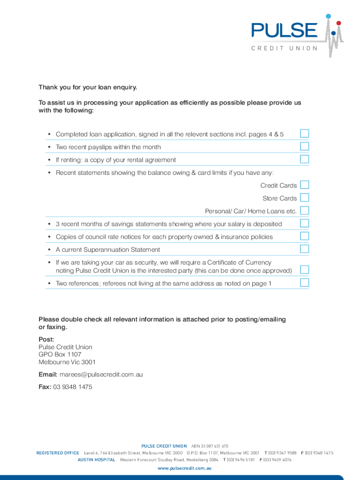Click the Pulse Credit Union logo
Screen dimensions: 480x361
pyautogui.click(x=296, y=35)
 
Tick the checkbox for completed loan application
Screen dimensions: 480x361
pyautogui.click(x=304, y=134)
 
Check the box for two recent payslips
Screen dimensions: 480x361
pyautogui.click(x=304, y=146)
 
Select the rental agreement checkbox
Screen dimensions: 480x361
pyautogui.click(x=304, y=159)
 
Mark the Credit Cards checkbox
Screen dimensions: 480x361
pyautogui.click(x=304, y=185)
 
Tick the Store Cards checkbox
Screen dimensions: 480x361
pyautogui.click(x=304, y=197)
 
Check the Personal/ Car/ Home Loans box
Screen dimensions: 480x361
pyautogui.click(x=304, y=210)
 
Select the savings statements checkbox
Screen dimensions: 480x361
pyautogui.click(x=304, y=223)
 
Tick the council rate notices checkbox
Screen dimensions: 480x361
pyautogui.click(x=304, y=236)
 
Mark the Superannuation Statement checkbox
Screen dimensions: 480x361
pyautogui.click(x=304, y=248)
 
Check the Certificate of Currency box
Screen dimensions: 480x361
pyautogui.click(x=304, y=270)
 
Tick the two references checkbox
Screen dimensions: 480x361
pyautogui.click(x=304, y=282)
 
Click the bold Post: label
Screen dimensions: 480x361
pyautogui.click(x=46, y=339)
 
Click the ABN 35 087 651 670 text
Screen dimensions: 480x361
pyautogui.click(x=210, y=446)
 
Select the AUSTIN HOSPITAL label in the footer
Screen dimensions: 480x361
pyautogui.click(x=96, y=460)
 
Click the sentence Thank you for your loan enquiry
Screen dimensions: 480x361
pyautogui.click(x=88, y=87)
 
